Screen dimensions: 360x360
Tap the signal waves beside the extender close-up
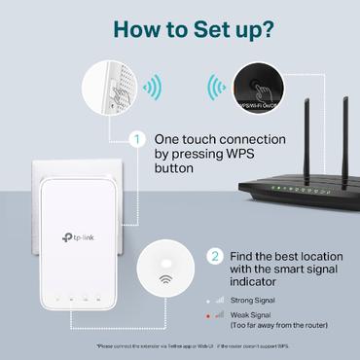(x=152, y=87)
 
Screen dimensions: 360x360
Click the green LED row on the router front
(x=292, y=187)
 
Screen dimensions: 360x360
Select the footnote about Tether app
(x=180, y=346)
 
